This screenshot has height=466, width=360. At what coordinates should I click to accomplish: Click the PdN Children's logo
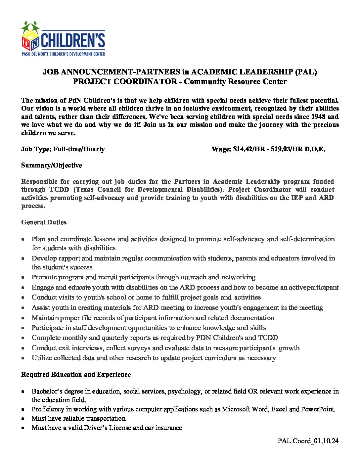[63, 39]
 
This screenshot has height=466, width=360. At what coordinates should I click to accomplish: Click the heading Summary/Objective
[51, 165]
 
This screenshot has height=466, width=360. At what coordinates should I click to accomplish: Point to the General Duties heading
[44, 222]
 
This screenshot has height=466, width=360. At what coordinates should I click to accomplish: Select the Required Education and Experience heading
[76, 374]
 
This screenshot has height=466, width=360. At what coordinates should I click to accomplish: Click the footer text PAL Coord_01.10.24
[308, 441]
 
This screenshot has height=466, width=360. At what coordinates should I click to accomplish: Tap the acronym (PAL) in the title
[306, 72]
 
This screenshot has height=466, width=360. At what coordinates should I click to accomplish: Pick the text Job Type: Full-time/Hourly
[63, 149]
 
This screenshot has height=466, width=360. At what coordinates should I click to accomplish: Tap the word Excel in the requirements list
[279, 409]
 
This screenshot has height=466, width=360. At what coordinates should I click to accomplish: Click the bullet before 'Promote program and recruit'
[23, 277]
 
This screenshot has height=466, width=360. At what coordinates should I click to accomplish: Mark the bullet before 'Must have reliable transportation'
[23, 419]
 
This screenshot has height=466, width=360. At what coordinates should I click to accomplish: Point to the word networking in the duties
[238, 277]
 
